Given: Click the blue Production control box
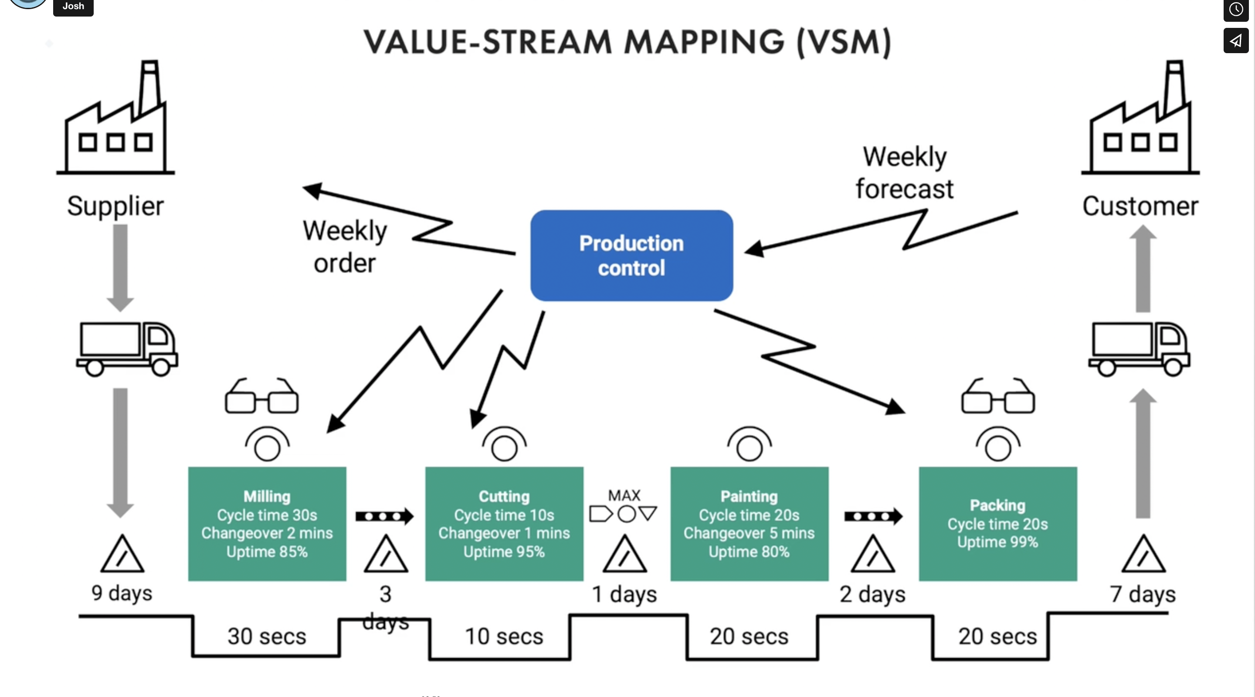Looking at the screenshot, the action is pos(631,255).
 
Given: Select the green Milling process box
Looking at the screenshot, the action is pos(267,524).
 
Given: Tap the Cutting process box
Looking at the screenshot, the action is pos(504,524).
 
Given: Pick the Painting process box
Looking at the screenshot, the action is pos(750,524).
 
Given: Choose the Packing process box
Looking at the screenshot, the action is pos(998,524).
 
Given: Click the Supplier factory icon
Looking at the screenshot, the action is pos(115,117).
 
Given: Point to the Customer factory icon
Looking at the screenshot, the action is pos(1140,117).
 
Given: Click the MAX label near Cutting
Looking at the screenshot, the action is pos(624,495).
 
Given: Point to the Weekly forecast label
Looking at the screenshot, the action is pos(905,173).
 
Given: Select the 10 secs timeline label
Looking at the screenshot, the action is pos(504,636).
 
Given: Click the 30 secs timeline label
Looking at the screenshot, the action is pos(267,636).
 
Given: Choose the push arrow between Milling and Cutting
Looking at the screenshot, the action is pos(384,516).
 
